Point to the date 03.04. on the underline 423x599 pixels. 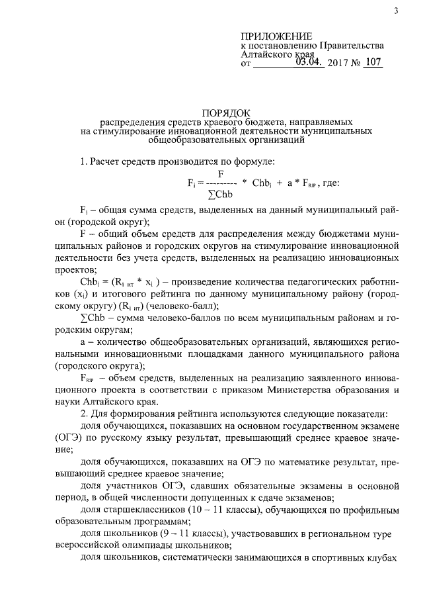[x=309, y=63]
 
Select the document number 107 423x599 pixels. [x=373, y=63]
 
